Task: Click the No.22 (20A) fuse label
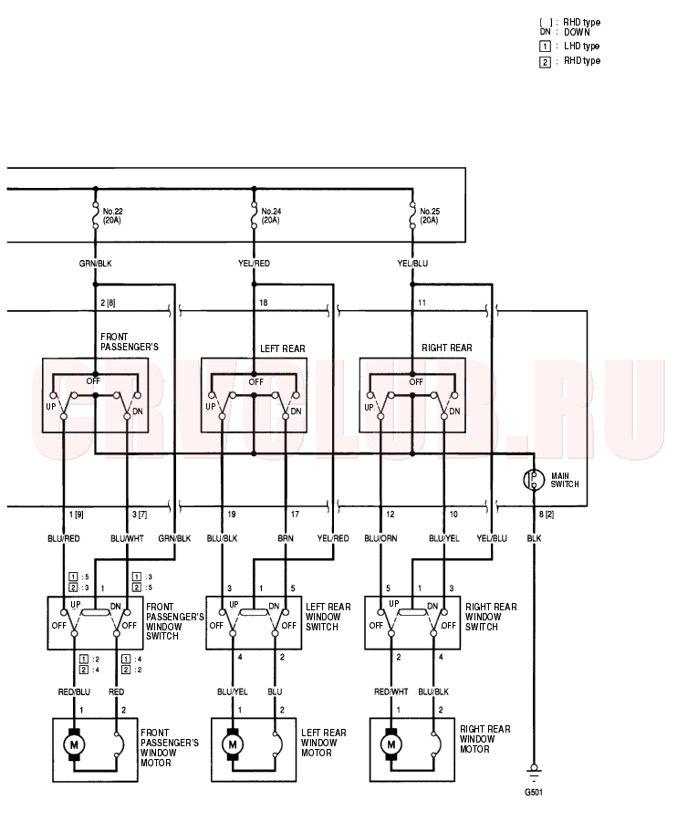coord(112,215)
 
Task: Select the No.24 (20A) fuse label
coord(271,215)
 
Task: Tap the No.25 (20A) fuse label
coord(430,215)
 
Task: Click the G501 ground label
coord(534,793)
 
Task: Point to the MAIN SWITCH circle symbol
coord(534,480)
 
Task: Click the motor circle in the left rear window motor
coord(233,744)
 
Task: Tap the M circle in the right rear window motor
coord(391,744)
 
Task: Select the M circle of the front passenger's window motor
coord(74,744)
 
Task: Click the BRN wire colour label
coord(286,538)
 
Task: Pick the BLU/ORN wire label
coord(380,538)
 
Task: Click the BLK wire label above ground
coord(534,538)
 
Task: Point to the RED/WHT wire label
coord(391,692)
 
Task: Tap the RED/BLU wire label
coord(74,692)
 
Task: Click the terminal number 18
coord(264,303)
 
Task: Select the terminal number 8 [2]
coord(547,515)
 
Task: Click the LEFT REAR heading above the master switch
coord(283,348)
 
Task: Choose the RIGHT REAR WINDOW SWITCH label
coord(491,617)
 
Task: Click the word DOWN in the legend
coord(577,32)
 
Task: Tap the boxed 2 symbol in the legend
coord(545,62)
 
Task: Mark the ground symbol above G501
coord(534,773)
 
